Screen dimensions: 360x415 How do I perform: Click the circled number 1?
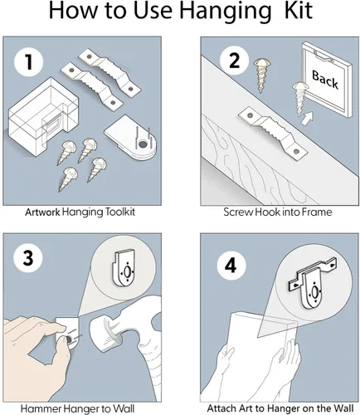(x=29, y=62)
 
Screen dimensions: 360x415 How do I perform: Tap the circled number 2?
(x=234, y=61)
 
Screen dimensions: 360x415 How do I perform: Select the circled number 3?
(x=28, y=258)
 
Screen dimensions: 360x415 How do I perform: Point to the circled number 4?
(x=231, y=266)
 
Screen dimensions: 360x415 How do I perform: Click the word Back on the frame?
(x=325, y=80)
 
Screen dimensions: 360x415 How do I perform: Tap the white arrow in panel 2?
(x=308, y=118)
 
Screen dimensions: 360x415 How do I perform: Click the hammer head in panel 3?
(x=106, y=333)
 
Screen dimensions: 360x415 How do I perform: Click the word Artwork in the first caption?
(x=42, y=212)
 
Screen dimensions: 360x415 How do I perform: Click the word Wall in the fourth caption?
(x=343, y=408)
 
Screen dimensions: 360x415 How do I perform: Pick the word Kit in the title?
(x=298, y=10)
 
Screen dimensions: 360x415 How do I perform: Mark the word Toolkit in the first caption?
(x=119, y=212)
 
